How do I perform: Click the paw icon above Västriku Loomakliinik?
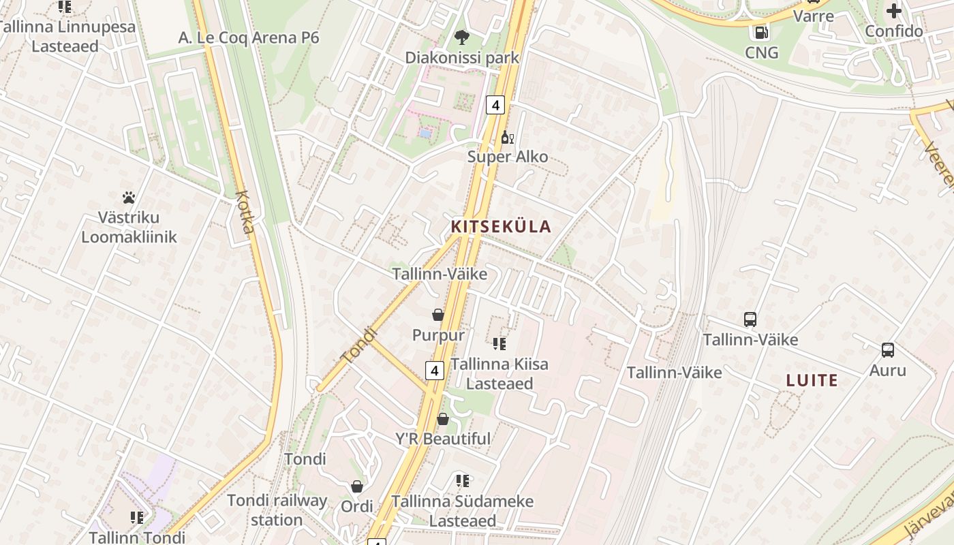tap(129, 198)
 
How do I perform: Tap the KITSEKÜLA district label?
tap(501, 227)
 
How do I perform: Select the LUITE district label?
tap(812, 380)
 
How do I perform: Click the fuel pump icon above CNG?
tap(761, 32)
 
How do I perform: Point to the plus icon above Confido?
tap(894, 11)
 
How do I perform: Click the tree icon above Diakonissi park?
tap(462, 37)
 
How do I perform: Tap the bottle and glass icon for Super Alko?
tap(507, 138)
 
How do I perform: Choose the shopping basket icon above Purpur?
tap(438, 315)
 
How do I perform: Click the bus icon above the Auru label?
tap(887, 350)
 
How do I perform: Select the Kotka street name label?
tap(245, 211)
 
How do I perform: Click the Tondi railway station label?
tap(277, 510)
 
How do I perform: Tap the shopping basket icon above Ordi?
tap(356, 486)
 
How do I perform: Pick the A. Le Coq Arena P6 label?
tap(249, 37)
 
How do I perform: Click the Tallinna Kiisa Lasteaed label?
tap(499, 373)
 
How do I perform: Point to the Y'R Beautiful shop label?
tap(443, 439)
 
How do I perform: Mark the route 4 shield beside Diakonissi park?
tap(495, 105)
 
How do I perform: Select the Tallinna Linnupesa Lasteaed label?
tap(65, 37)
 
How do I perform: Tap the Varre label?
tap(814, 15)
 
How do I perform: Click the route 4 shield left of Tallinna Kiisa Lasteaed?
tap(435, 371)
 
